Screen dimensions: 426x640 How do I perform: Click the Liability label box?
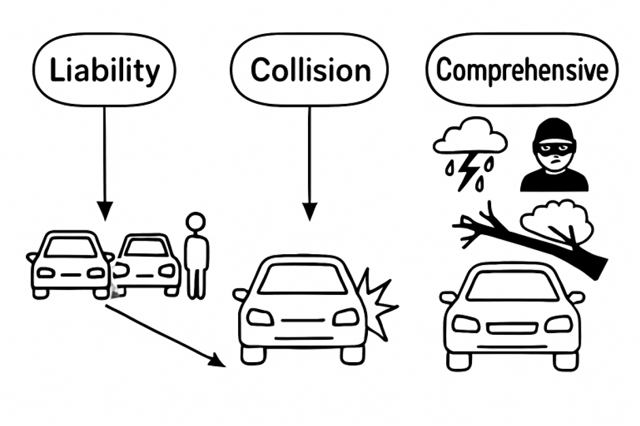pos(104,70)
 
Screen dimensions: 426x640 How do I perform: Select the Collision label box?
pos(309,70)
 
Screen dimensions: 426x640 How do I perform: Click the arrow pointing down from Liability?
pos(105,163)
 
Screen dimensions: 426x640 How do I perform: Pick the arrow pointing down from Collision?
pos(310,163)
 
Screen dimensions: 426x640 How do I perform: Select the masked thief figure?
pos(554,158)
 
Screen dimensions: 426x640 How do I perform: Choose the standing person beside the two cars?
pos(197,255)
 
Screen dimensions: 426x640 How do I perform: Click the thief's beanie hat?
pos(555,131)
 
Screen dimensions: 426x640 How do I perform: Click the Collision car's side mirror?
pos(239,295)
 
